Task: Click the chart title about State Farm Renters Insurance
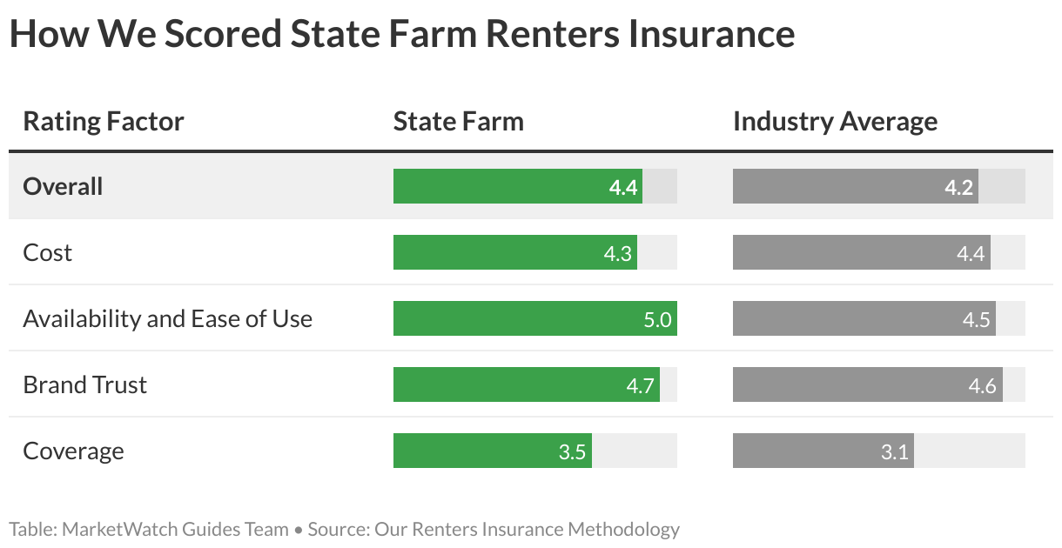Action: [x=401, y=35]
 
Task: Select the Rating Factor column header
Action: [x=103, y=121]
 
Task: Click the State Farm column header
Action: [x=458, y=121]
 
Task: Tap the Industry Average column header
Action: [x=835, y=121]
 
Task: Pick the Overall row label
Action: [x=63, y=186]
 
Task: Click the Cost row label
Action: [x=47, y=252]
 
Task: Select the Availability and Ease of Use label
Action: [x=167, y=318]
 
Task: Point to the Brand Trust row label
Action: [x=84, y=384]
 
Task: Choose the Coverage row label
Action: [x=73, y=451]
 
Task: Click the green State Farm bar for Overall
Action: [x=517, y=186]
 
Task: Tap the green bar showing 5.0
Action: [x=534, y=318]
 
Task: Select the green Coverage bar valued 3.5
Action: [x=492, y=451]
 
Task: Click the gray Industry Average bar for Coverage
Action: [x=823, y=451]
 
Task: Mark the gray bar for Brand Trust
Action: [x=867, y=384]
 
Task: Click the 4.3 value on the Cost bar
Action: [x=617, y=253]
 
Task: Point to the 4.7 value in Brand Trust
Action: [x=640, y=385]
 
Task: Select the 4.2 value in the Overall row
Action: [x=958, y=187]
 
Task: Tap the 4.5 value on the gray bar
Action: [x=976, y=319]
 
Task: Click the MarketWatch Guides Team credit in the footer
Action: [x=175, y=529]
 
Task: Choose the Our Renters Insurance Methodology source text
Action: [x=527, y=529]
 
